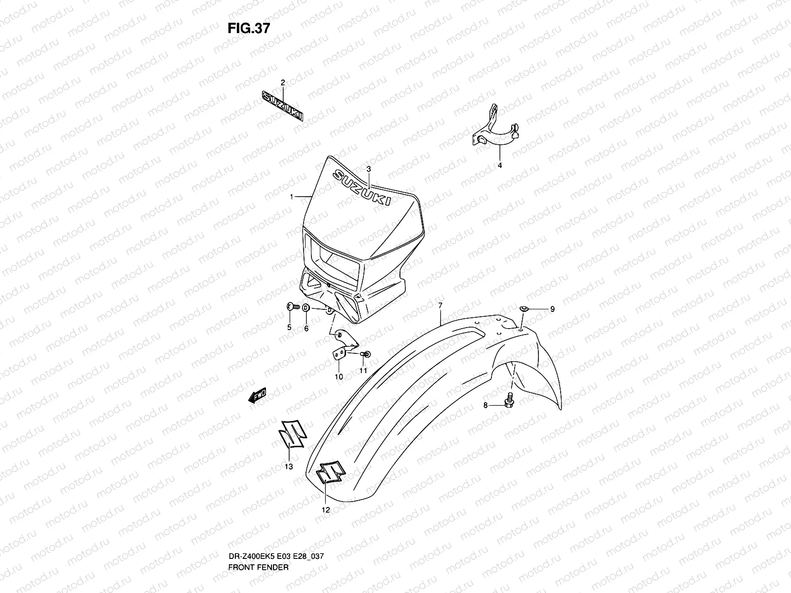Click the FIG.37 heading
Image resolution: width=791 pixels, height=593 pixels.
(249, 28)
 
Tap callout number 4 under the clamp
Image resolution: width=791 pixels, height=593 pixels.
(499, 166)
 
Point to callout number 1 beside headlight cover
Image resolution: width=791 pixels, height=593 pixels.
(292, 197)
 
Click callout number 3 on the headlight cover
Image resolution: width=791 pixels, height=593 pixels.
(369, 169)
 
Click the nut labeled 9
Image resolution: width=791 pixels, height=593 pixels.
(524, 309)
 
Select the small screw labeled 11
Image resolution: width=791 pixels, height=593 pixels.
(366, 354)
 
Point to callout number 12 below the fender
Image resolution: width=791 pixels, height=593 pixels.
(326, 509)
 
